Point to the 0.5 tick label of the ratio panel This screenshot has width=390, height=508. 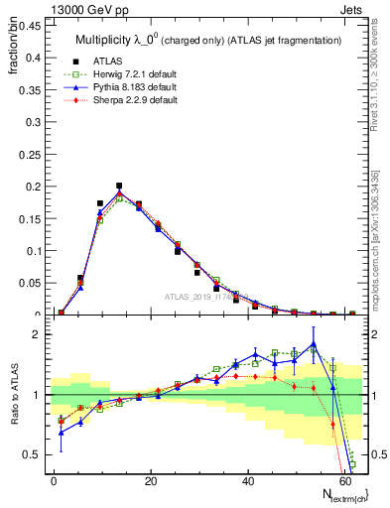(34, 454)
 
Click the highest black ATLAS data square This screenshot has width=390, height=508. (119, 186)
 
